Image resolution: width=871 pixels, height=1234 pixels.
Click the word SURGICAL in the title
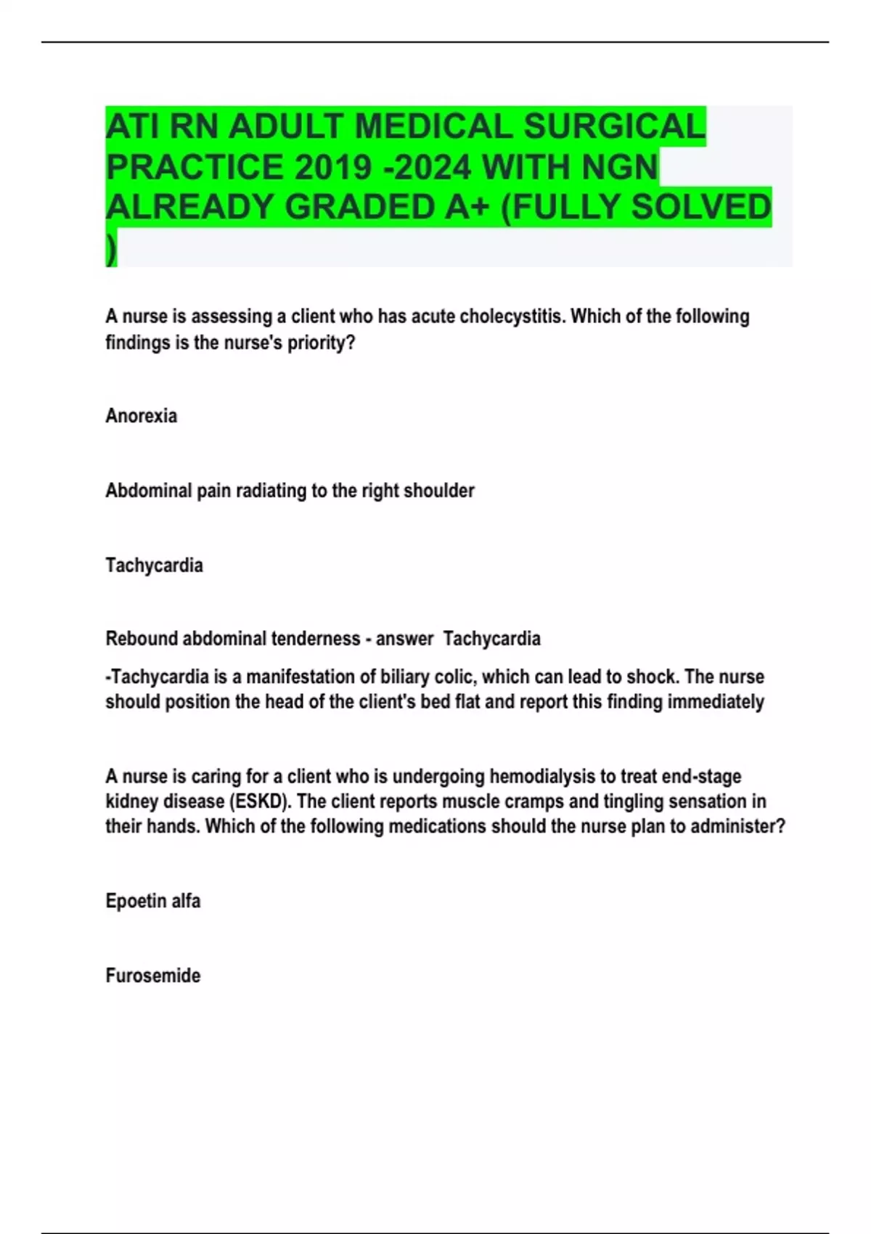pos(614,127)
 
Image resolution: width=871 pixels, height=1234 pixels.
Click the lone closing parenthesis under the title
pos(111,250)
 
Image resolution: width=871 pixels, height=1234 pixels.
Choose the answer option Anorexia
pos(141,416)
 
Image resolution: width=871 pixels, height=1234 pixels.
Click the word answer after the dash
pos(404,639)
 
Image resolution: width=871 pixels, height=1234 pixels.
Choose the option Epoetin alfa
pos(152,902)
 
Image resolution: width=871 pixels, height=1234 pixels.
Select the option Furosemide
pos(152,976)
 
